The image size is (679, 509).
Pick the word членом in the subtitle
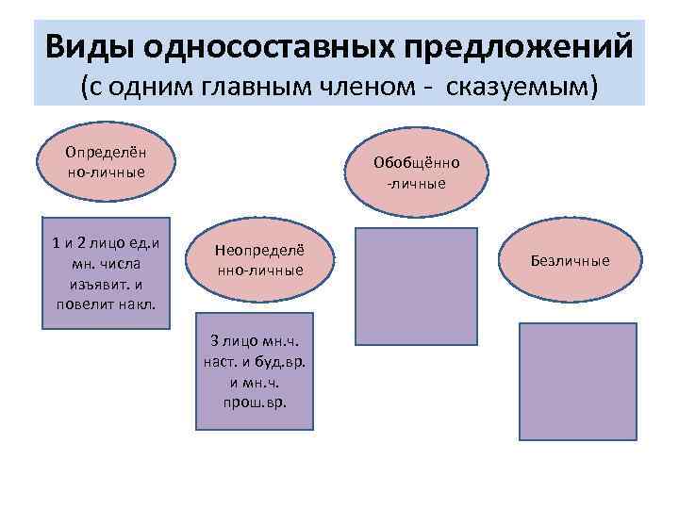(361, 87)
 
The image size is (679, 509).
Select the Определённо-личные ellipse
(106, 161)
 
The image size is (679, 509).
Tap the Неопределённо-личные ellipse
(259, 260)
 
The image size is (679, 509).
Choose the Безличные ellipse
(571, 260)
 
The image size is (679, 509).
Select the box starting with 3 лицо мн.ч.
(258, 368)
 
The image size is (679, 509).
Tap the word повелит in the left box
(86, 304)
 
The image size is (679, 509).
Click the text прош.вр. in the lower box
(258, 402)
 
